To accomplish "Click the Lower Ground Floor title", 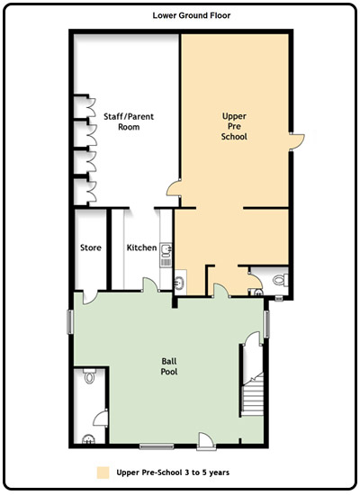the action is pyautogui.click(x=192, y=15).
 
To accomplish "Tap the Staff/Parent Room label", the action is pyautogui.click(x=129, y=121).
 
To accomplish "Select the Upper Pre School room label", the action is pyautogui.click(x=234, y=126).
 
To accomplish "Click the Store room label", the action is pyautogui.click(x=91, y=247).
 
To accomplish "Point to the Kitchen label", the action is pyautogui.click(x=142, y=247).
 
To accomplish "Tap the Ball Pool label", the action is pyautogui.click(x=169, y=366).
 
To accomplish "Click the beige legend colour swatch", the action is pyautogui.click(x=103, y=472).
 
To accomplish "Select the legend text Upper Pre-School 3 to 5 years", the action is pyautogui.click(x=173, y=472).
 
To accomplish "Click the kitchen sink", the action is pyautogui.click(x=166, y=249).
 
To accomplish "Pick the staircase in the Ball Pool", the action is pyautogui.click(x=253, y=393).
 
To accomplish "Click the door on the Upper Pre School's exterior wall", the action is pyautogui.click(x=298, y=141).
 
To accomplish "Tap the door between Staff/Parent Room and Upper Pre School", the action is pyautogui.click(x=174, y=188).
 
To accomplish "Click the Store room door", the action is pyautogui.click(x=89, y=297).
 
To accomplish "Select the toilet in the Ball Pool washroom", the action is pyautogui.click(x=90, y=376).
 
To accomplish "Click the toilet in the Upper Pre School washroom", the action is pyautogui.click(x=281, y=280).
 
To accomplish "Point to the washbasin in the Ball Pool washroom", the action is pyautogui.click(x=88, y=439).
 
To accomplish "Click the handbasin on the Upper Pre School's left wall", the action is pyautogui.click(x=180, y=282).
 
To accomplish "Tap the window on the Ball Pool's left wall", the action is pyautogui.click(x=70, y=322).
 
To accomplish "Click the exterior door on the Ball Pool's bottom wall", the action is pyautogui.click(x=206, y=440).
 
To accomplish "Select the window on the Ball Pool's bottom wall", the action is pyautogui.click(x=157, y=446).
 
